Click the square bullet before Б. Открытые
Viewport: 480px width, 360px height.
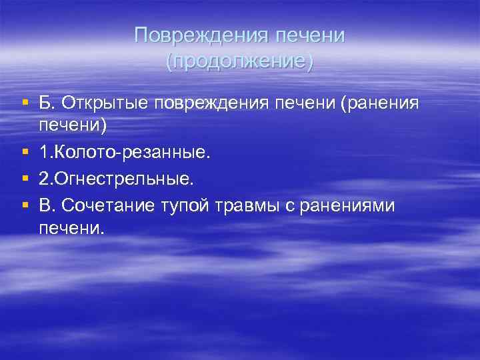coord(25,103)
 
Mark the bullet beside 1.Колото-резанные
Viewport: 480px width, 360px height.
coord(25,154)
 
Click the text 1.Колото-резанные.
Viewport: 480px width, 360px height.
coord(125,154)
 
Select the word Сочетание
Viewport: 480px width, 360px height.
coord(110,206)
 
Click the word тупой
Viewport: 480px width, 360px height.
coord(186,206)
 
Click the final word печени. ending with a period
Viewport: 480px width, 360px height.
coord(72,229)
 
